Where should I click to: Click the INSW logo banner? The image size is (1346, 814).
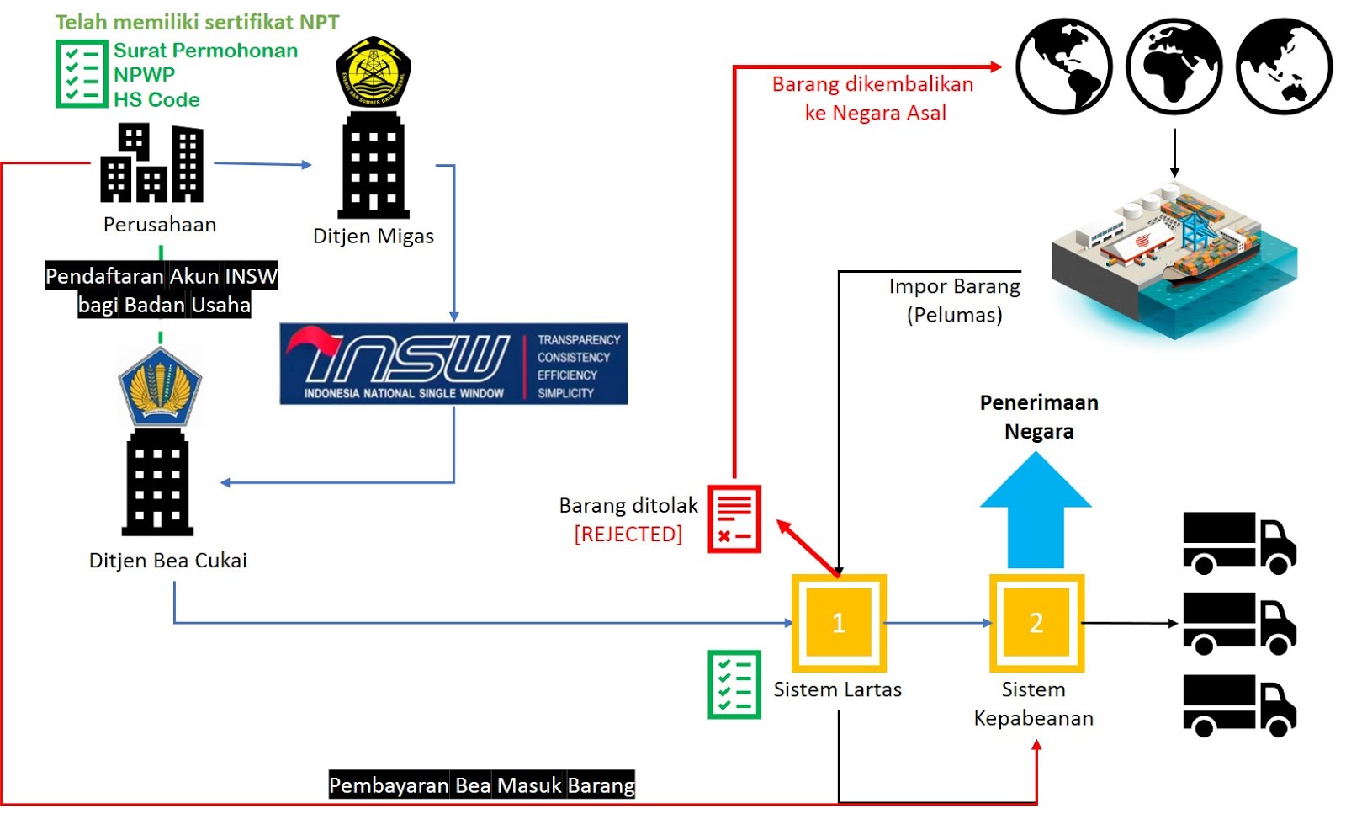(453, 364)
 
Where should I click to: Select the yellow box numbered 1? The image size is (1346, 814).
(839, 622)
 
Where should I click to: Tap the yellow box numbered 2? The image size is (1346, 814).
(1036, 622)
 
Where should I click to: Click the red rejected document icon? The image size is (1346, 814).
(734, 519)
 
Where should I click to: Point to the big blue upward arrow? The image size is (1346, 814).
(1036, 510)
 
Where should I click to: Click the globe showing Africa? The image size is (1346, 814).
(1174, 67)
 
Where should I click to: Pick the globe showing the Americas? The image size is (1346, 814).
(1064, 67)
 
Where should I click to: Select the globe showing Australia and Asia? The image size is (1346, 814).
(1284, 67)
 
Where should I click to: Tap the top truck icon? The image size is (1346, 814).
(1239, 543)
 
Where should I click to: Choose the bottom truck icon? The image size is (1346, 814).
(1239, 705)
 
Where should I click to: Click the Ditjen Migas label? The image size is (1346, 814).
(374, 237)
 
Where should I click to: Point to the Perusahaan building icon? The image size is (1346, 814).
(152, 163)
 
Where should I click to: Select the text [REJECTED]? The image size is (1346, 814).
(628, 535)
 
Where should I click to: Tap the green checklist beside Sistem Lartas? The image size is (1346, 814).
(734, 684)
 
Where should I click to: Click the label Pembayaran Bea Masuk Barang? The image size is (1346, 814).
(481, 785)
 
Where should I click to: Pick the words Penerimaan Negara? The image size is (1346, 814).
(1039, 417)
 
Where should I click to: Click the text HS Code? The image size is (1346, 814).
(157, 100)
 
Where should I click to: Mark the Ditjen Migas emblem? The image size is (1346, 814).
(374, 72)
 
